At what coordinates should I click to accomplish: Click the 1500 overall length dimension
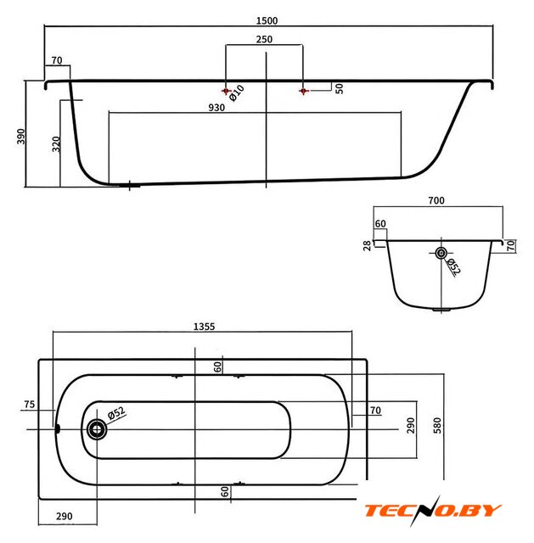click(x=267, y=20)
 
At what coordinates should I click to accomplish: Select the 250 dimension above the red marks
click(x=264, y=40)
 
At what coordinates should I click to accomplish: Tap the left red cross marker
click(x=226, y=91)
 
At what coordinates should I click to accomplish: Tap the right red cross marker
click(x=304, y=91)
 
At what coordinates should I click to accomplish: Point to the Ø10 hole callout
click(x=237, y=92)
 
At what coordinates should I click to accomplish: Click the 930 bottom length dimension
click(x=216, y=108)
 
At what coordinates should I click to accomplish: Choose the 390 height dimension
click(x=21, y=136)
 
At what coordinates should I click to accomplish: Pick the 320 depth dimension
click(x=56, y=144)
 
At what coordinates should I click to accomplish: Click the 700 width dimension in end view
click(x=436, y=200)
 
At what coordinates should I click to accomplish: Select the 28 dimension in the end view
click(x=367, y=245)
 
